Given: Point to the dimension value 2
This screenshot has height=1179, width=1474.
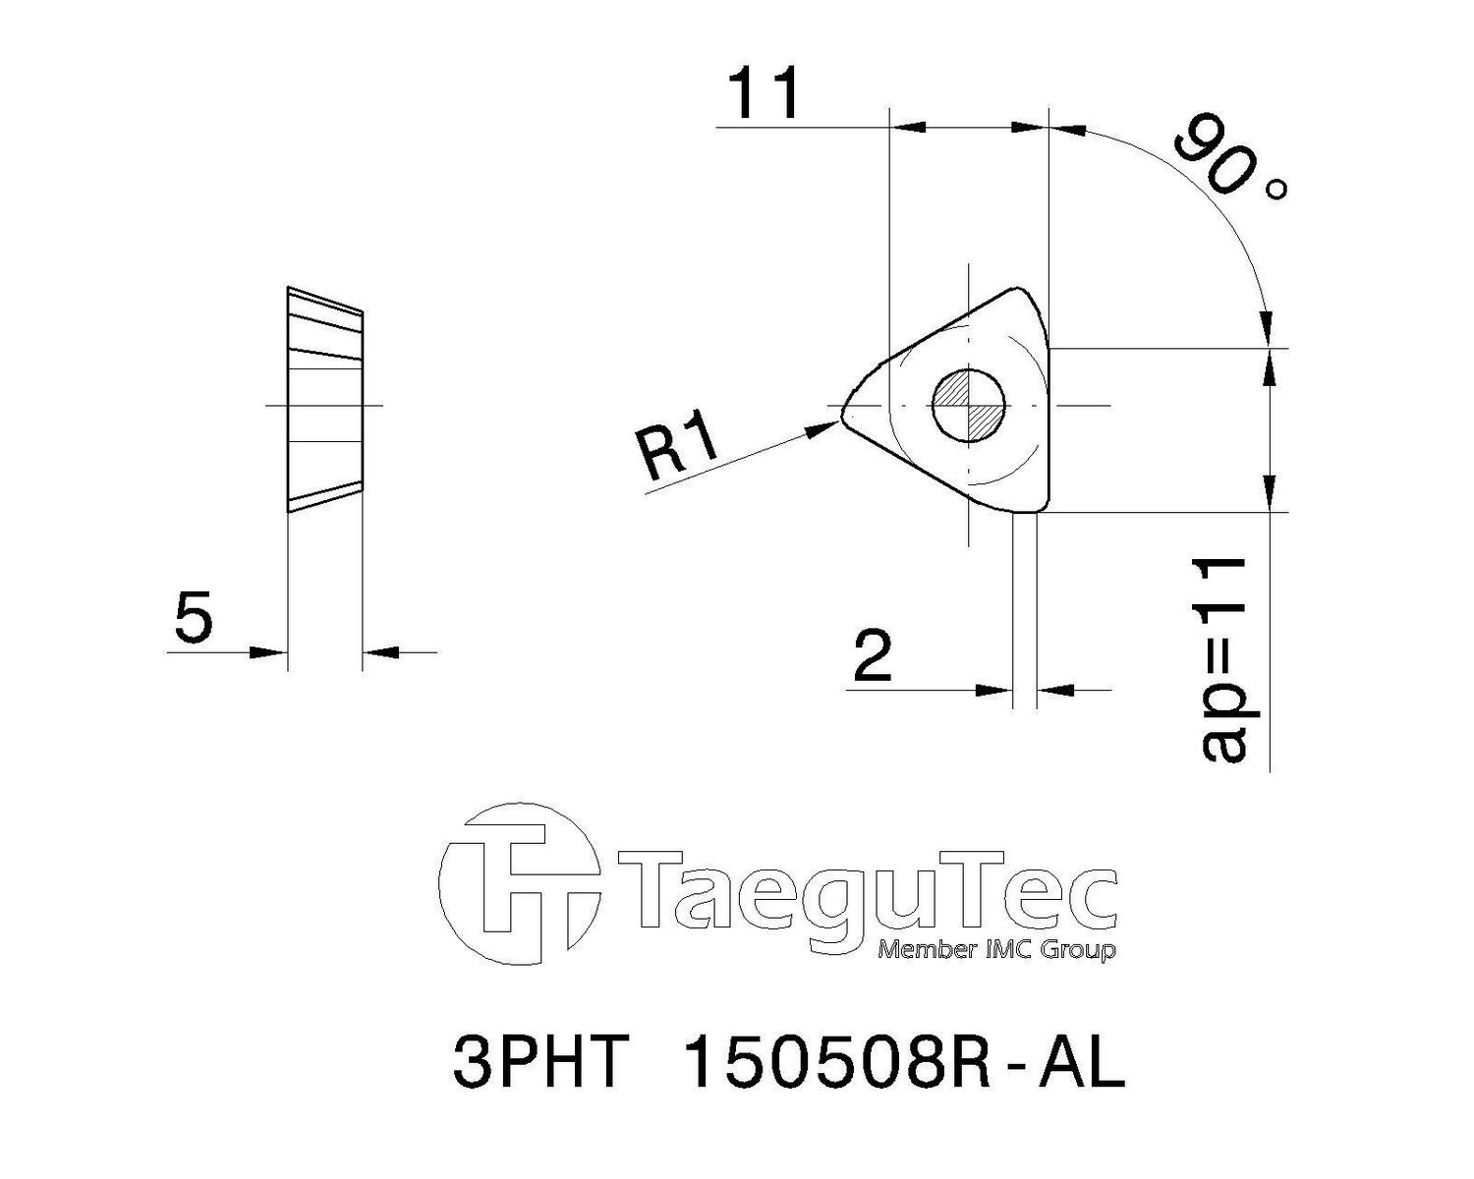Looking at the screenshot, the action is pos(874,656).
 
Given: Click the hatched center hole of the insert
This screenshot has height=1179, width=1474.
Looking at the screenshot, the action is pos(969,406).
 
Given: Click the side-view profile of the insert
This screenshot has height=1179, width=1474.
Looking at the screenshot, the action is pos(324,400).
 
